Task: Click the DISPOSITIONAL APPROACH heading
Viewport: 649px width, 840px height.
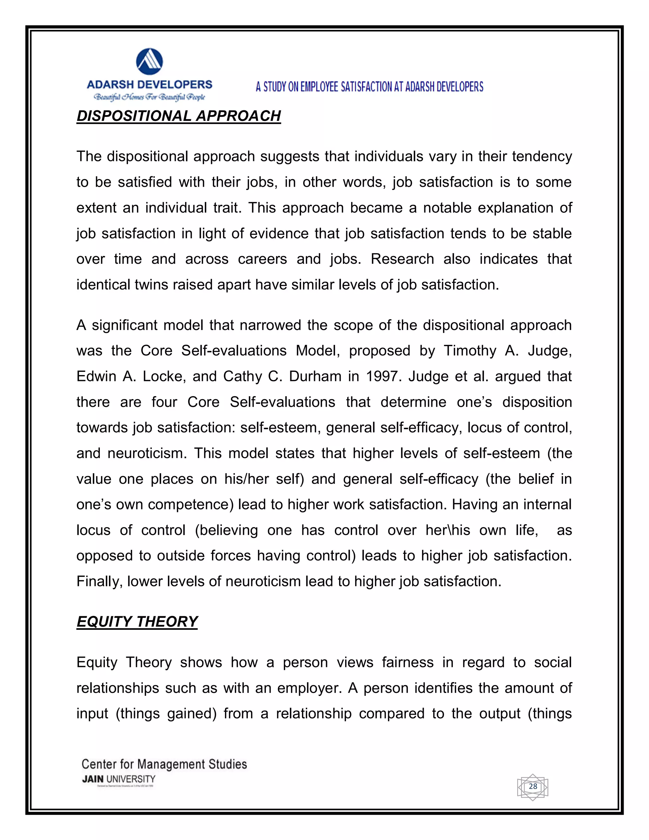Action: click(x=179, y=116)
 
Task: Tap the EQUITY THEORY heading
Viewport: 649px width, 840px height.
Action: click(x=137, y=622)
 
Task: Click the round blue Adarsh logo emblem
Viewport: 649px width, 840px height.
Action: click(x=150, y=61)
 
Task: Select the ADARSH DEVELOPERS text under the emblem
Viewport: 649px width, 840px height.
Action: click(x=150, y=85)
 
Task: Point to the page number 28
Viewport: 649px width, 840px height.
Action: click(x=533, y=786)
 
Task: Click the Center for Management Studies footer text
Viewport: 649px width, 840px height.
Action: click(x=164, y=764)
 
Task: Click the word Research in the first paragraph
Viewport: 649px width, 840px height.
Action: click(x=402, y=259)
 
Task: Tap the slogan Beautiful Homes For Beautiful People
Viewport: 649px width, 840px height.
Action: click(x=150, y=97)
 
